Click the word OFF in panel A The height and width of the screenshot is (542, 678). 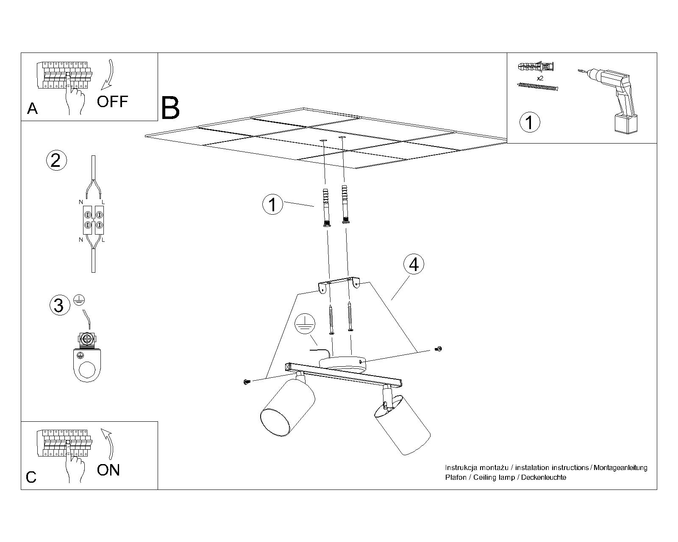(x=112, y=101)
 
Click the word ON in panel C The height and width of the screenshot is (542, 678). (x=108, y=470)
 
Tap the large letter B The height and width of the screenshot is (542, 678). (x=171, y=108)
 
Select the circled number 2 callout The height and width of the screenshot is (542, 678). (x=56, y=161)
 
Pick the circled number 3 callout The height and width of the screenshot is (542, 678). (x=59, y=305)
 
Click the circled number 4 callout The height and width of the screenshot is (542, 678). (x=414, y=264)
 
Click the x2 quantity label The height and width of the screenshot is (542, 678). (x=540, y=79)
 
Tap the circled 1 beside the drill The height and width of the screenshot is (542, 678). (x=529, y=122)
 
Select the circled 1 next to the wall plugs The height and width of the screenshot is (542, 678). (x=272, y=205)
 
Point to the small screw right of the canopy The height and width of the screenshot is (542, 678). (x=439, y=349)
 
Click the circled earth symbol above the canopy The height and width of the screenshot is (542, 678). (x=305, y=325)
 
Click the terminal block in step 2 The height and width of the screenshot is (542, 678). (x=93, y=220)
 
